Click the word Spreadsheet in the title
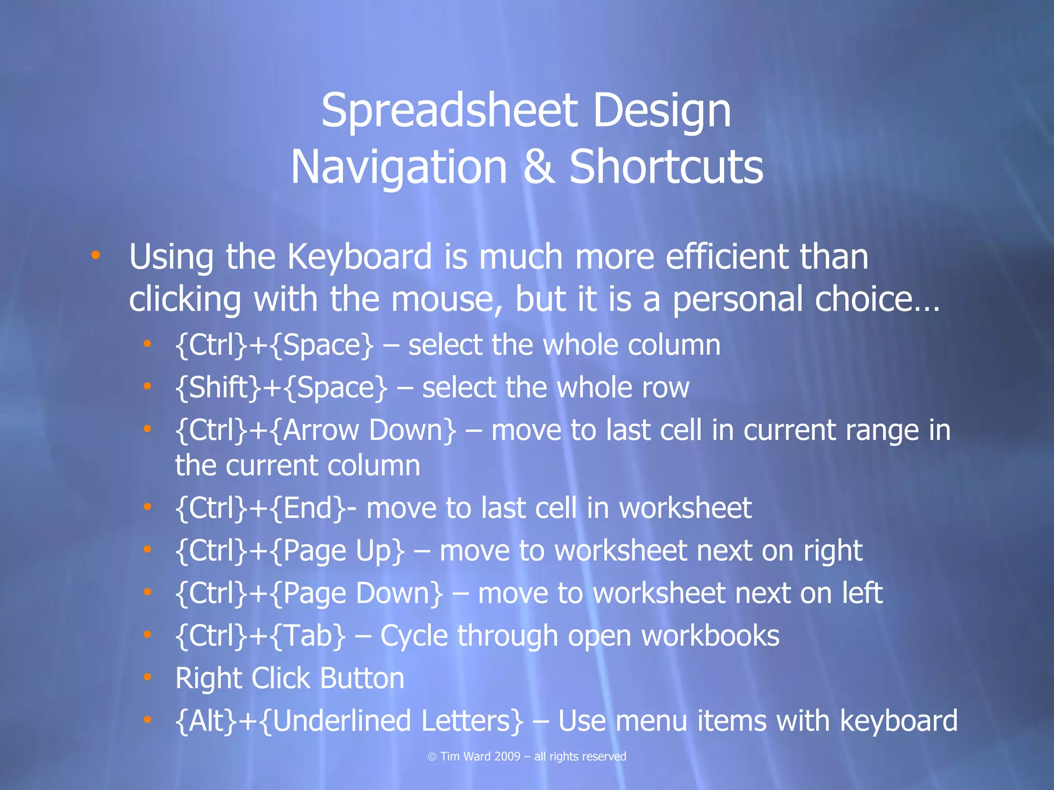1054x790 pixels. click(449, 111)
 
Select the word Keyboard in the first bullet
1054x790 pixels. click(360, 257)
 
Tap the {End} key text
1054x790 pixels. click(307, 509)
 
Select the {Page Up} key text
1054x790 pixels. click(337, 551)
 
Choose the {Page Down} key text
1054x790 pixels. click(356, 594)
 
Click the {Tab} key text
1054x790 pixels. click(307, 636)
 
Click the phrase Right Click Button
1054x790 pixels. click(290, 678)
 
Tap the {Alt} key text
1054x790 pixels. click(206, 721)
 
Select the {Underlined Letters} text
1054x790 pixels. click(393, 721)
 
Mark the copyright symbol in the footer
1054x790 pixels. click(432, 757)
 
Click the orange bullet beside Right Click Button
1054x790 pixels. click(147, 677)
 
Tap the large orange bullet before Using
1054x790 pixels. click(95, 255)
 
